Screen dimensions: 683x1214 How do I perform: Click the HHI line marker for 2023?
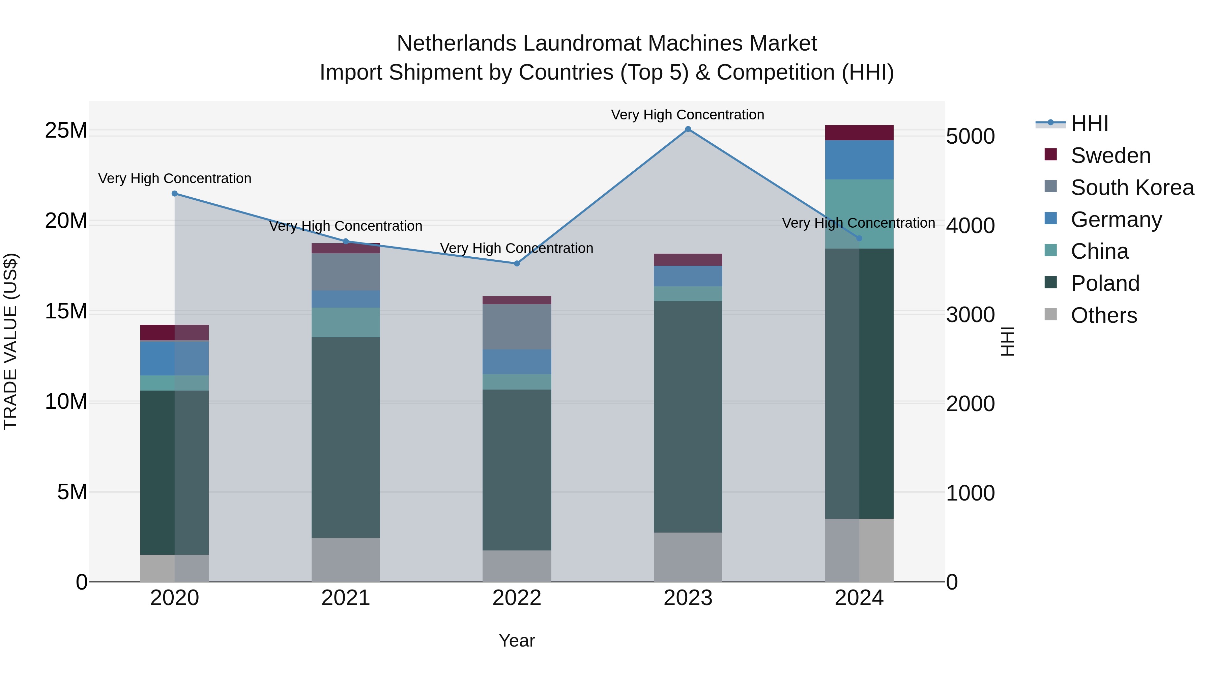688,129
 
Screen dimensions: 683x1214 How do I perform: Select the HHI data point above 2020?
174,193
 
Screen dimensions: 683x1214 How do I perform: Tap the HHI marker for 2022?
517,263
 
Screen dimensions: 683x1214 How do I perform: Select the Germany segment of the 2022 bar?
517,362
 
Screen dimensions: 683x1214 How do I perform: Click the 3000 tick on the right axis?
970,315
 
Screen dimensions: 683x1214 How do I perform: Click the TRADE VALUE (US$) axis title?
10,341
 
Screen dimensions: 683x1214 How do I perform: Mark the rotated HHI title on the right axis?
1007,341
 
